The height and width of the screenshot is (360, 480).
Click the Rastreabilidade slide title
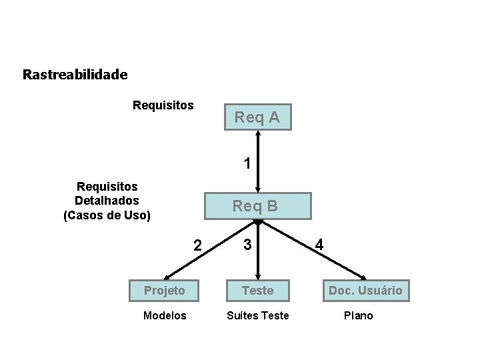point(75,74)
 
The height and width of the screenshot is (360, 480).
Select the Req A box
point(257,118)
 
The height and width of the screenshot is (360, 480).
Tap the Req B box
point(255,206)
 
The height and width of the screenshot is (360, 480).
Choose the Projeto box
point(165,290)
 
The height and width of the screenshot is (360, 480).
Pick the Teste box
point(257,290)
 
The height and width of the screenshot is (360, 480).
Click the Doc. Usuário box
point(365,290)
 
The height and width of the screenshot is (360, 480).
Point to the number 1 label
point(247,163)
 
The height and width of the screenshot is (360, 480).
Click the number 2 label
point(197,245)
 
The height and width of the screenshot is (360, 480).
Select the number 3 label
point(247,245)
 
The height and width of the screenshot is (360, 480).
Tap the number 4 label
point(319,245)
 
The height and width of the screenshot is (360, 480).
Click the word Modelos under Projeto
point(165,315)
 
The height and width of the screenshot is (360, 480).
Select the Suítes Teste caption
point(258,315)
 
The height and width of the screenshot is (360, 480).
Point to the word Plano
point(359,315)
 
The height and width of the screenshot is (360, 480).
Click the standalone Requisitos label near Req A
point(163,105)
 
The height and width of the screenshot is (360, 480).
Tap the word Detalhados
point(107,200)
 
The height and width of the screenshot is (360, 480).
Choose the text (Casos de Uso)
point(107,215)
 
